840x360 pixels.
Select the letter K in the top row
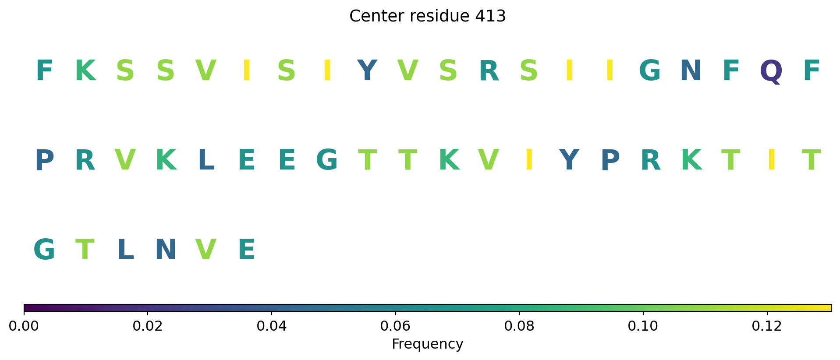(x=85, y=71)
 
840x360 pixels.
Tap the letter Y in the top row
(x=367, y=71)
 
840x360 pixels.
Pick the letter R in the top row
(x=489, y=71)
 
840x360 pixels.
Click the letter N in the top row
(x=691, y=71)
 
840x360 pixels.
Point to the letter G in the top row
(x=650, y=71)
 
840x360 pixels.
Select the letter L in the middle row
(x=206, y=160)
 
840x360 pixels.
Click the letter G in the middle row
(x=327, y=160)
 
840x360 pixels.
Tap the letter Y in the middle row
(x=569, y=160)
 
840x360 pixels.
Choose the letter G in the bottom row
(x=44, y=250)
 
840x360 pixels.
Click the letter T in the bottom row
(x=85, y=250)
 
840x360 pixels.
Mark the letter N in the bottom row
(x=166, y=250)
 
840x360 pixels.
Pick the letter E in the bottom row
(x=247, y=250)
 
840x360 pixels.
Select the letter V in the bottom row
(x=206, y=250)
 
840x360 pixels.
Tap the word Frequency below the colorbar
(x=427, y=344)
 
